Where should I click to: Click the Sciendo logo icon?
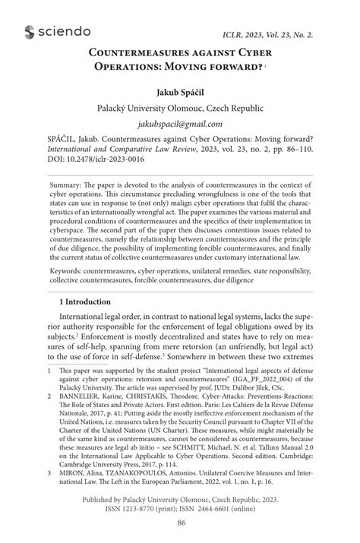click(31, 31)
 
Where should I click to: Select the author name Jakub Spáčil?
click(179, 93)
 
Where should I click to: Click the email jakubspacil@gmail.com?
click(179, 124)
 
